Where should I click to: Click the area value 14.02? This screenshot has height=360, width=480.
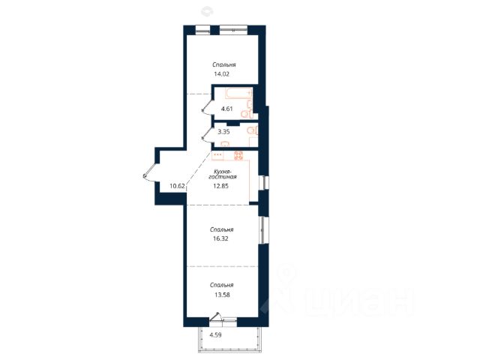click(x=222, y=74)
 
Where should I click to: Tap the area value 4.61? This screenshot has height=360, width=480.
click(x=226, y=109)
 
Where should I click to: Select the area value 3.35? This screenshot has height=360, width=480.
click(x=223, y=132)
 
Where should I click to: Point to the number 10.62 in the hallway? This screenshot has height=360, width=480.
click(x=177, y=186)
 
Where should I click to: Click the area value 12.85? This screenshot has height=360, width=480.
click(x=220, y=186)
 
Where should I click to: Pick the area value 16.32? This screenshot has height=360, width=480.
click(x=220, y=238)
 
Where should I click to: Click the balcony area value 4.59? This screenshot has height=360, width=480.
click(x=215, y=335)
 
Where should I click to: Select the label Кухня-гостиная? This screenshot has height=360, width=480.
click(x=223, y=174)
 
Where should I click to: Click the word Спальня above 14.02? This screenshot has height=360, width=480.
click(x=224, y=65)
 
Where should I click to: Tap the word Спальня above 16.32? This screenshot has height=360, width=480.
click(x=222, y=229)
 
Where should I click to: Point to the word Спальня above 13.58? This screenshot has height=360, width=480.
click(x=222, y=285)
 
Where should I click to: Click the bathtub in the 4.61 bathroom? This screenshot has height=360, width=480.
click(x=238, y=93)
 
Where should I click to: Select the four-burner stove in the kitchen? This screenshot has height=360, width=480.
click(x=238, y=156)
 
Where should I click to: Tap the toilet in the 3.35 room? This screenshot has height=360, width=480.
click(x=252, y=130)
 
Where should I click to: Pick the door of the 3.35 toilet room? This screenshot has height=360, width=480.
click(x=209, y=135)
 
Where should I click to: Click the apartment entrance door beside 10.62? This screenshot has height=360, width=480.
click(x=150, y=172)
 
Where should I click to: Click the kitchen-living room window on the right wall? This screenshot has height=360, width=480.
click(x=263, y=183)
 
